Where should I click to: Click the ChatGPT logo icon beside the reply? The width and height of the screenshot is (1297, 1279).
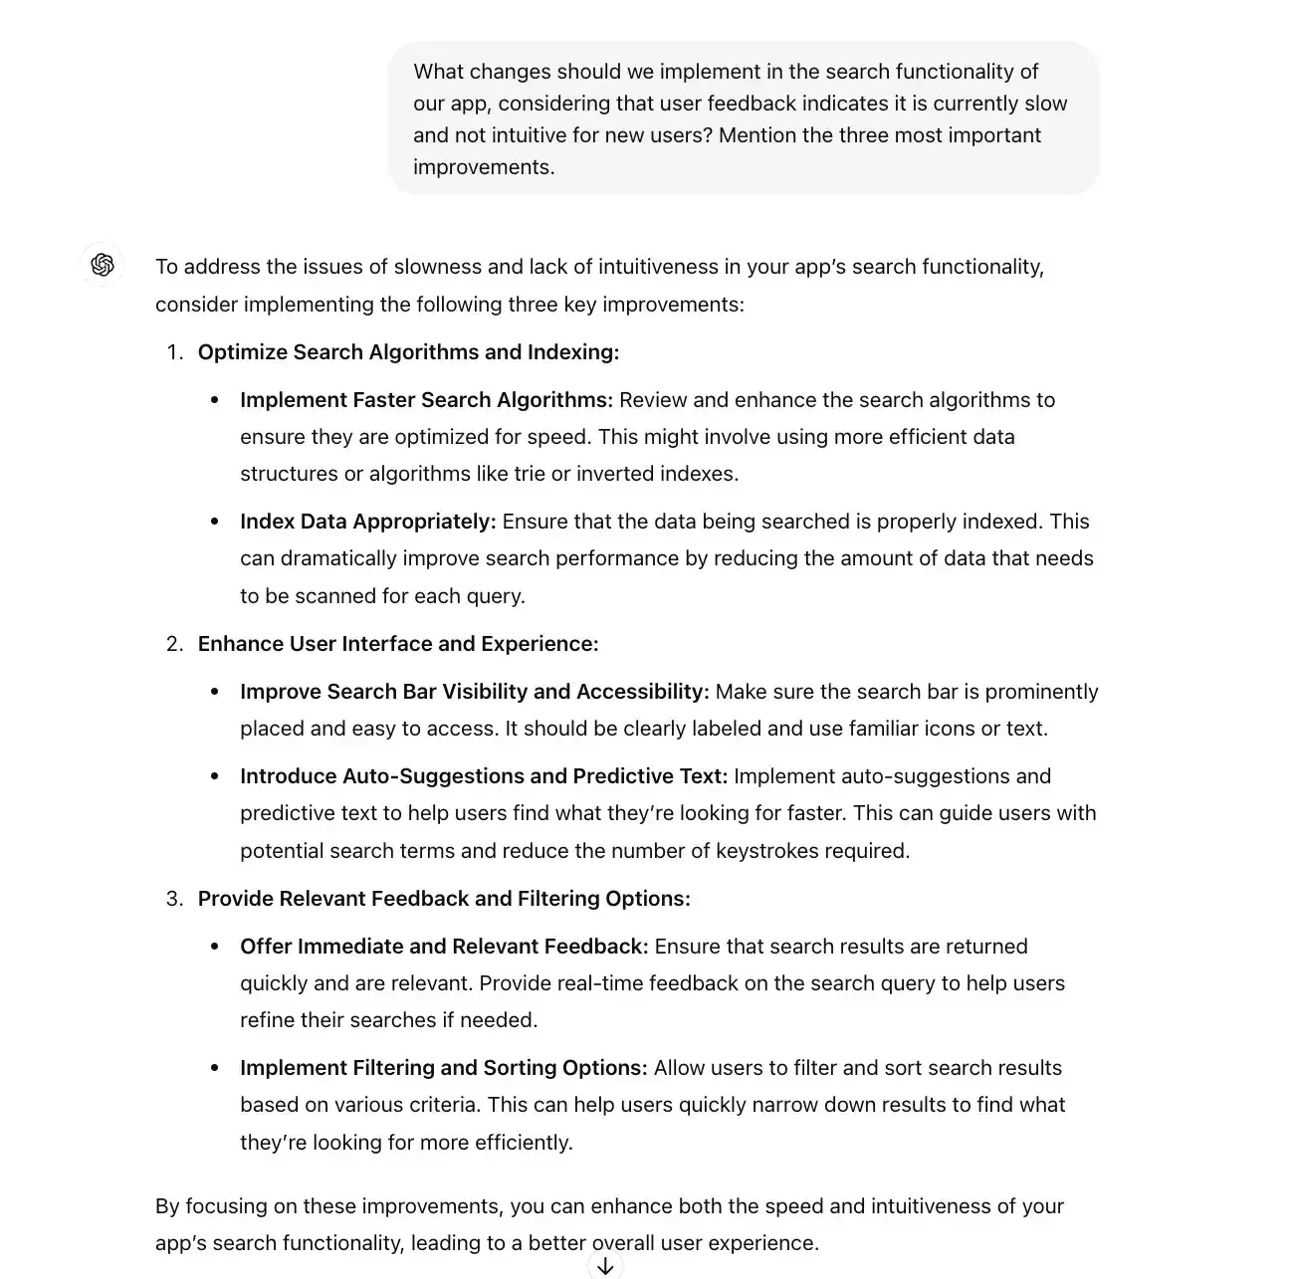coord(102,265)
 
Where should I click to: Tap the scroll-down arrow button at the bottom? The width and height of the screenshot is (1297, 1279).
coord(605,1265)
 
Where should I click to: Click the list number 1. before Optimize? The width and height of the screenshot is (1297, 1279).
coord(175,352)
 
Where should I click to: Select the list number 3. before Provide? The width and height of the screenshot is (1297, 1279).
coord(175,899)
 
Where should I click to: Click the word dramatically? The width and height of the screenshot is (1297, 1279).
coord(332,558)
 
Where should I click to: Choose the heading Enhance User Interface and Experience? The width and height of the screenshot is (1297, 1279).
coord(398,644)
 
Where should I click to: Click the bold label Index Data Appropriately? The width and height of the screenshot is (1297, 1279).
coord(367,522)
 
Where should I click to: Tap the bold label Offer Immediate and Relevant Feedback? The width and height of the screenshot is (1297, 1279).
coord(444,947)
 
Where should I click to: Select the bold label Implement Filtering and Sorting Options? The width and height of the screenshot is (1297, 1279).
coord(443,1068)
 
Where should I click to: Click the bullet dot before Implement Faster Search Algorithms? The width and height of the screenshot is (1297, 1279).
coord(214,400)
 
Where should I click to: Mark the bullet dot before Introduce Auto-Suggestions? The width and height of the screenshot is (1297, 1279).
coord(214,776)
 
